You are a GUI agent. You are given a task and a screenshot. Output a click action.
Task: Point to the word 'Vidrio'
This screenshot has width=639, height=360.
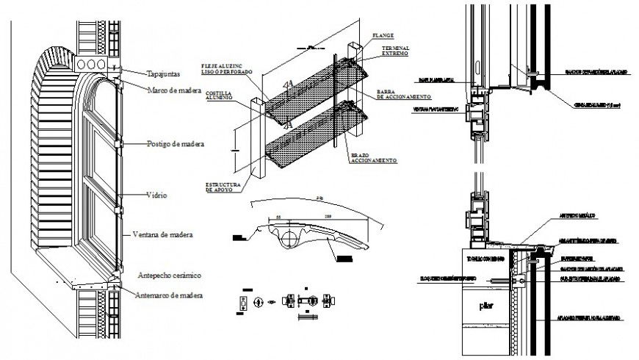pos(156,195)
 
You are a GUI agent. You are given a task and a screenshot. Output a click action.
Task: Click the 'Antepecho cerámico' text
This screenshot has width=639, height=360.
pos(170,275)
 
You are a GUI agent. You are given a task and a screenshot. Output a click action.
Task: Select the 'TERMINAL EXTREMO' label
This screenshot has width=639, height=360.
pos(396,51)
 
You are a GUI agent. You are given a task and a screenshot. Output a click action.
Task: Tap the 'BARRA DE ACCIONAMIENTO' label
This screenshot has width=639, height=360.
pos(402,94)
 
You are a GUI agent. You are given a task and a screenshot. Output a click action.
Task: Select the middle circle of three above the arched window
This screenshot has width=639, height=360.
pos(92,65)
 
